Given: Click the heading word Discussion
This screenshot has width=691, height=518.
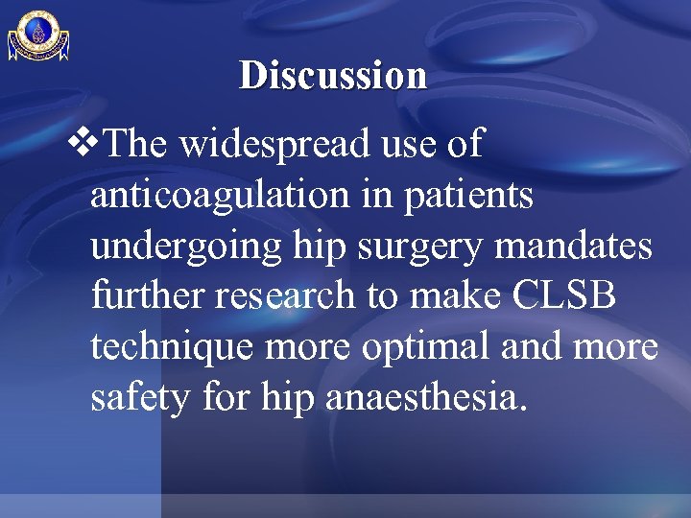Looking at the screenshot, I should [333, 75].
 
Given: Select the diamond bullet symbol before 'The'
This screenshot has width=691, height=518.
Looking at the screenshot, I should [85, 146].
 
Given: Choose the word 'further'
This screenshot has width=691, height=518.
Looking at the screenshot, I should [147, 296].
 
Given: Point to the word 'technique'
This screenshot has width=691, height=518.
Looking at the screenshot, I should [170, 347].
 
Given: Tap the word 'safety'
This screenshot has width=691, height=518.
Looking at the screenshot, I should [140, 397].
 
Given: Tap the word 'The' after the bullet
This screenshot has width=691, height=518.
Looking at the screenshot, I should [136, 146].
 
